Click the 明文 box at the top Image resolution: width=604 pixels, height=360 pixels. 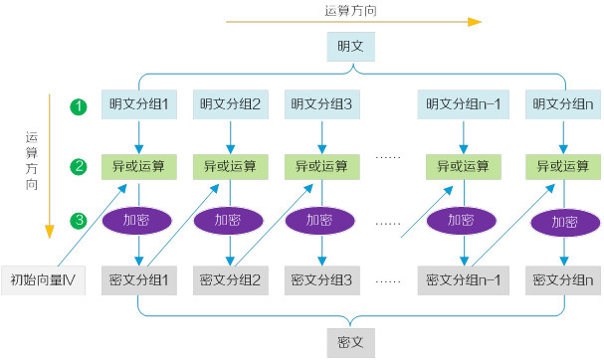[350, 46]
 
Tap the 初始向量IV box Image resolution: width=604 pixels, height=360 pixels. [43, 281]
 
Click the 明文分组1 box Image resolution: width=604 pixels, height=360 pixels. [140, 103]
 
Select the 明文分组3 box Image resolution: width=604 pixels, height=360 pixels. [321, 103]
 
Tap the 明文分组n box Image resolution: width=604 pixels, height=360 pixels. [563, 103]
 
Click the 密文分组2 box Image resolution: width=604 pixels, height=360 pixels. [231, 281]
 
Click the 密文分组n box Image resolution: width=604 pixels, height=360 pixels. [563, 281]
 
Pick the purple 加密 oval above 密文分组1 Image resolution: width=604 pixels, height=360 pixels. [140, 220]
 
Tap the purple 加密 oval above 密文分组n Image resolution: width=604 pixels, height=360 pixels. [564, 222]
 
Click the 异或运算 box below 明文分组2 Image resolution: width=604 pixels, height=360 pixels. [231, 165]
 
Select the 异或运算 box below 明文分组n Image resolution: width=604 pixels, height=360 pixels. [563, 165]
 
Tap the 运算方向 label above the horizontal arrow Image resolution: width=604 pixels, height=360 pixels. [350, 9]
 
